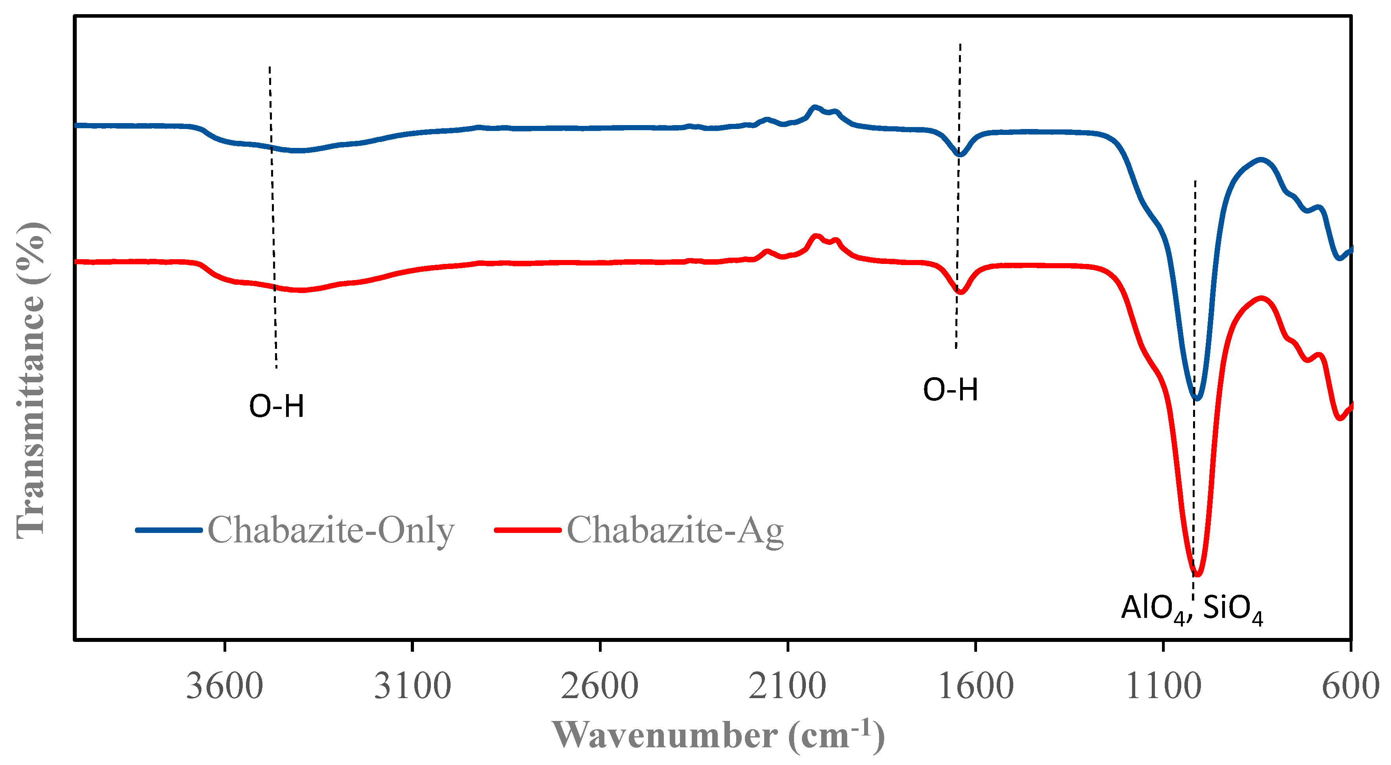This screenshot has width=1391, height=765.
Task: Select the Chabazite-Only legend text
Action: [331, 530]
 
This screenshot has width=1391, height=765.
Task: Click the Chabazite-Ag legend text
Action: [675, 530]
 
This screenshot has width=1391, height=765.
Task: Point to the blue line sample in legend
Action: [168, 530]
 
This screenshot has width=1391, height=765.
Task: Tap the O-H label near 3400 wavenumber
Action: [277, 406]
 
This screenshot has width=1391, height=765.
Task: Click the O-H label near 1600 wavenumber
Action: [950, 389]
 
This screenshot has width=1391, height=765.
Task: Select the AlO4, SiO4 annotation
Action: [1192, 609]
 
